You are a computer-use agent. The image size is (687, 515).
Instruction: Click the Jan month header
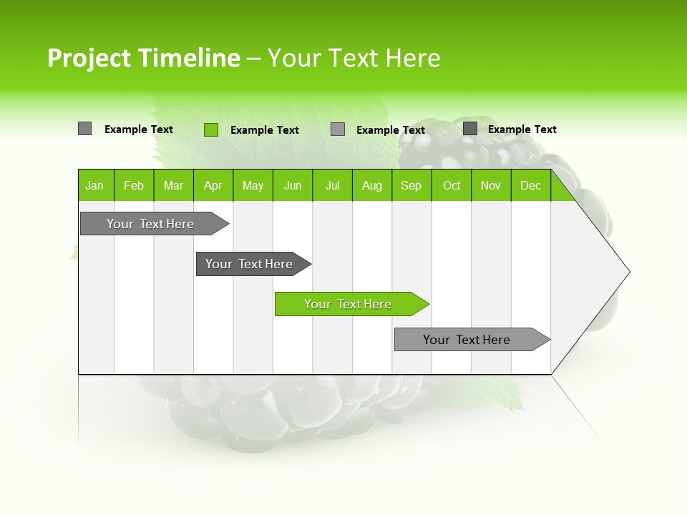click(94, 185)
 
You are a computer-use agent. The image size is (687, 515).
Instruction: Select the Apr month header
click(213, 185)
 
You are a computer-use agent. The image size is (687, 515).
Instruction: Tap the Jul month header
click(332, 185)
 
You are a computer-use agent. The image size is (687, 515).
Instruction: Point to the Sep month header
click(411, 185)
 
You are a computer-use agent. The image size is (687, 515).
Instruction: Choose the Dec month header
click(530, 185)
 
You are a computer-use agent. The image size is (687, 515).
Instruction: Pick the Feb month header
click(134, 185)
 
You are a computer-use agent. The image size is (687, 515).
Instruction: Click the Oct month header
click(452, 185)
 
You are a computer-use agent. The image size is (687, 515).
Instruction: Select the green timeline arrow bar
click(351, 304)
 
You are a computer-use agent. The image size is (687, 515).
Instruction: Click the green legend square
click(210, 129)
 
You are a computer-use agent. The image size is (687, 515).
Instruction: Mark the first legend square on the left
click(84, 129)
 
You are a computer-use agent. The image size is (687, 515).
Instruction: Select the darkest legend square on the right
click(469, 129)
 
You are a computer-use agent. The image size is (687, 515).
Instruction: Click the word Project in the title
click(89, 58)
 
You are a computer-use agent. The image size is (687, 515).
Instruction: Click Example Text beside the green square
click(264, 130)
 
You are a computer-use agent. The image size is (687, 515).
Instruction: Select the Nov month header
click(491, 185)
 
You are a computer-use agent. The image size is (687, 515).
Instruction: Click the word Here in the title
click(413, 58)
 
